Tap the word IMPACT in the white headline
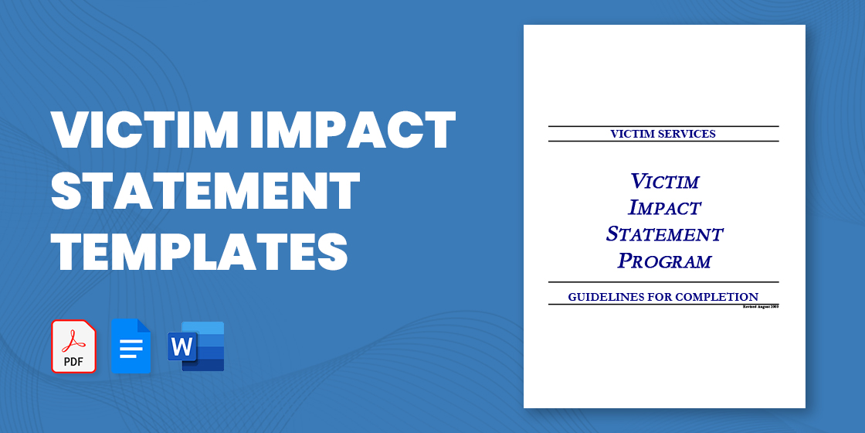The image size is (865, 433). point(351,131)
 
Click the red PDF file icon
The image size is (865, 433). point(74,346)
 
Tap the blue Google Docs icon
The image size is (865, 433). point(131,346)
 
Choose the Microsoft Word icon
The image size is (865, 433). point(196,346)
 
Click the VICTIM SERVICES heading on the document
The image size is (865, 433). point(663,134)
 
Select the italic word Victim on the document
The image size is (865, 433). point(664,182)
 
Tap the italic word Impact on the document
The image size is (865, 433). point(664,207)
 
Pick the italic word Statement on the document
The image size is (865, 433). point(664,234)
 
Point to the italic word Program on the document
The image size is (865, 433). point(664,261)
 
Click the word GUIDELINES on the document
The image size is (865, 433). point(605,297)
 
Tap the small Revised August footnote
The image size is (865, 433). point(760,307)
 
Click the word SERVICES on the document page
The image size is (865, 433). point(687,134)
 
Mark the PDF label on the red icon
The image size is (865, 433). point(74,361)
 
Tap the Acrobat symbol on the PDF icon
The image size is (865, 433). point(74,338)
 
